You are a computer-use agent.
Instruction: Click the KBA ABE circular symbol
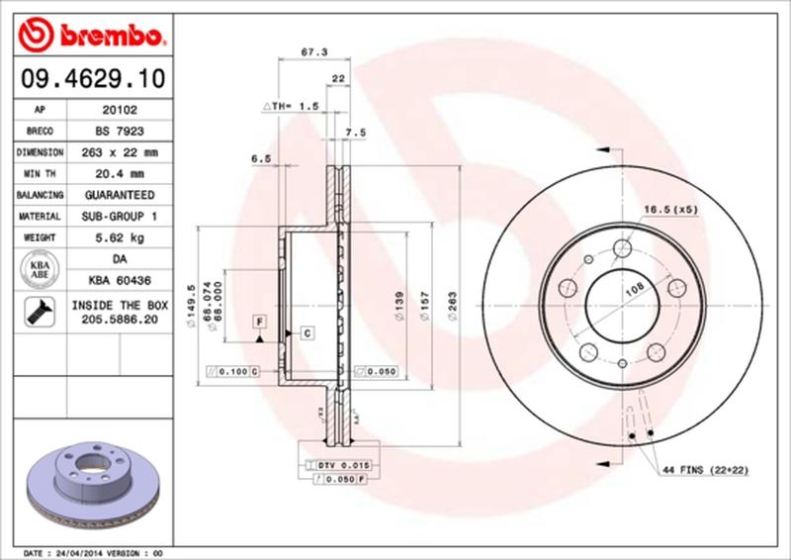40,268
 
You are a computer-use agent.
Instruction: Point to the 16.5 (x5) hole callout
672,210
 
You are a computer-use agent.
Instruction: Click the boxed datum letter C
307,332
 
